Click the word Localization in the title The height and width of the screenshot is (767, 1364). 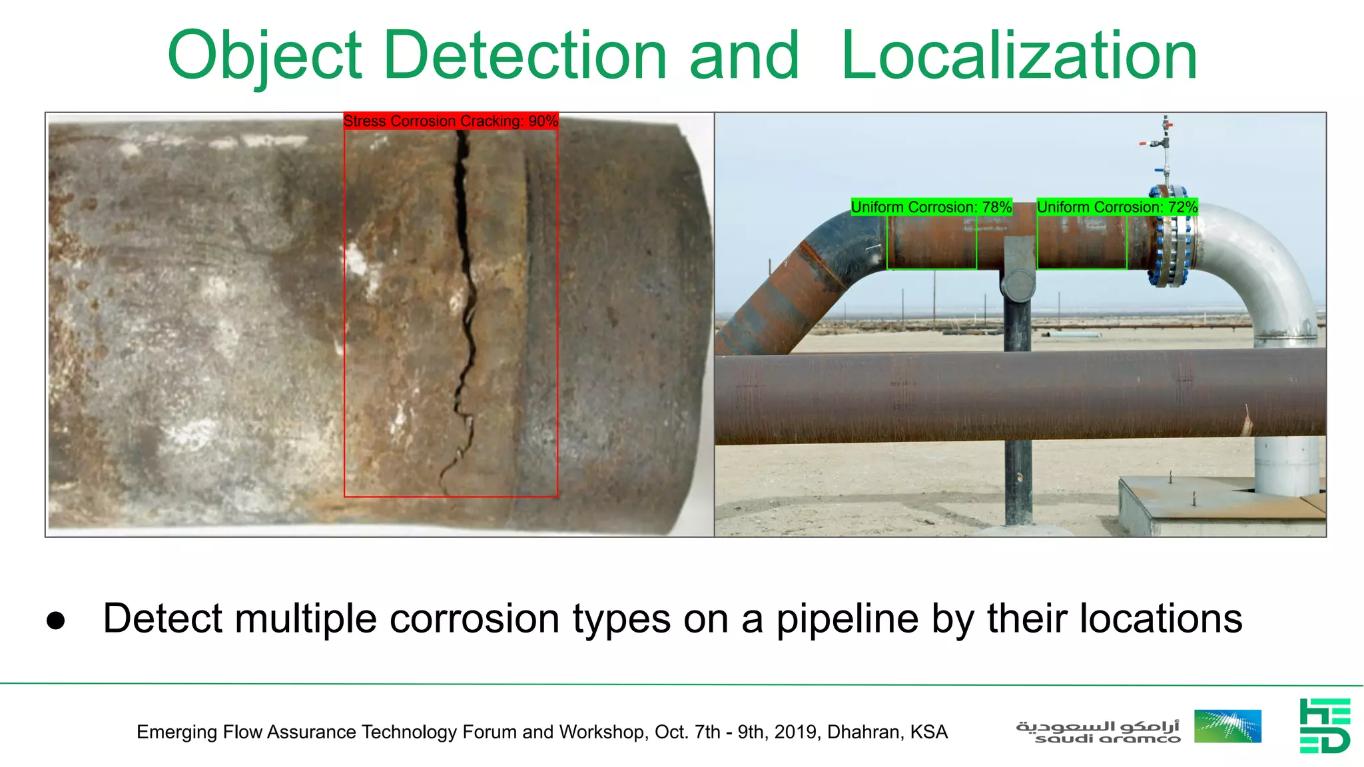[x=1019, y=56]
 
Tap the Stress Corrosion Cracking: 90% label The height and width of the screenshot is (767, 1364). [x=450, y=121]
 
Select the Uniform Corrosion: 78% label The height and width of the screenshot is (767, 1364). [x=931, y=207]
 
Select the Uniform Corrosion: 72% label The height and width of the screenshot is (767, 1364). [x=1117, y=207]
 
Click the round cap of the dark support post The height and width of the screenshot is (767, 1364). [x=1018, y=284]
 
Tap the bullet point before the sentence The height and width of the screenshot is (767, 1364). [x=56, y=621]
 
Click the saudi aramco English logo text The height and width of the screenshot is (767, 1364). [x=1108, y=739]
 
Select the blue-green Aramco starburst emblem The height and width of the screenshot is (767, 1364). [x=1227, y=726]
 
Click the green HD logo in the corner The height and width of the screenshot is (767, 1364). [x=1324, y=726]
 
